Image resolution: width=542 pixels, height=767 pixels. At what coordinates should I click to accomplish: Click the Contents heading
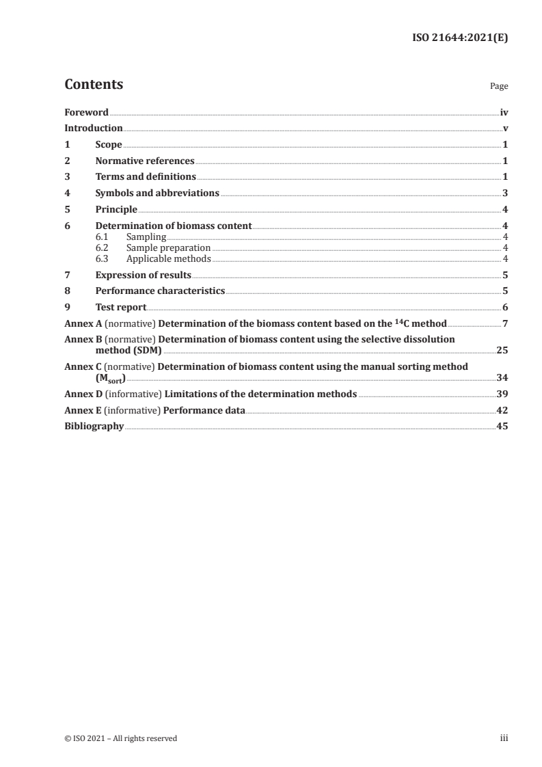click(x=94, y=85)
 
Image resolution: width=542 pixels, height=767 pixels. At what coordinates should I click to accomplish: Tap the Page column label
click(x=499, y=87)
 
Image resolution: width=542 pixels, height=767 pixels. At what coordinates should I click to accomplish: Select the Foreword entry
click(x=86, y=112)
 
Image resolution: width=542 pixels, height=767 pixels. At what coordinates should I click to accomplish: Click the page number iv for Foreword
click(x=504, y=112)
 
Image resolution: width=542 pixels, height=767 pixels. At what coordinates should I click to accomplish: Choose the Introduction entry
click(x=94, y=128)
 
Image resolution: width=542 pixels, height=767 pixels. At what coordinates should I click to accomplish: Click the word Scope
click(x=109, y=144)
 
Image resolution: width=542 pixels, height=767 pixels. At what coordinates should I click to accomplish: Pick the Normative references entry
click(x=145, y=161)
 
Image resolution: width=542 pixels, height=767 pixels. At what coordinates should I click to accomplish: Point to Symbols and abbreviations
click(x=157, y=193)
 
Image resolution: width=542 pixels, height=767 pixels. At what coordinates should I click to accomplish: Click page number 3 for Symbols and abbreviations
click(x=505, y=193)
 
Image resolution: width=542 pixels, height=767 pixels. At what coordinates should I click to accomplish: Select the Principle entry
click(x=116, y=209)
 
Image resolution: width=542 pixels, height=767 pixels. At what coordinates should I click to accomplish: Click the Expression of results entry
click(x=143, y=275)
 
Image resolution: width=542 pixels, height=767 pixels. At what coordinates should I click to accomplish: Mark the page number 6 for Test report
click(x=505, y=307)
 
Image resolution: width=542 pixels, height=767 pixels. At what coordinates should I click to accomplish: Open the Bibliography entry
click(x=94, y=426)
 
